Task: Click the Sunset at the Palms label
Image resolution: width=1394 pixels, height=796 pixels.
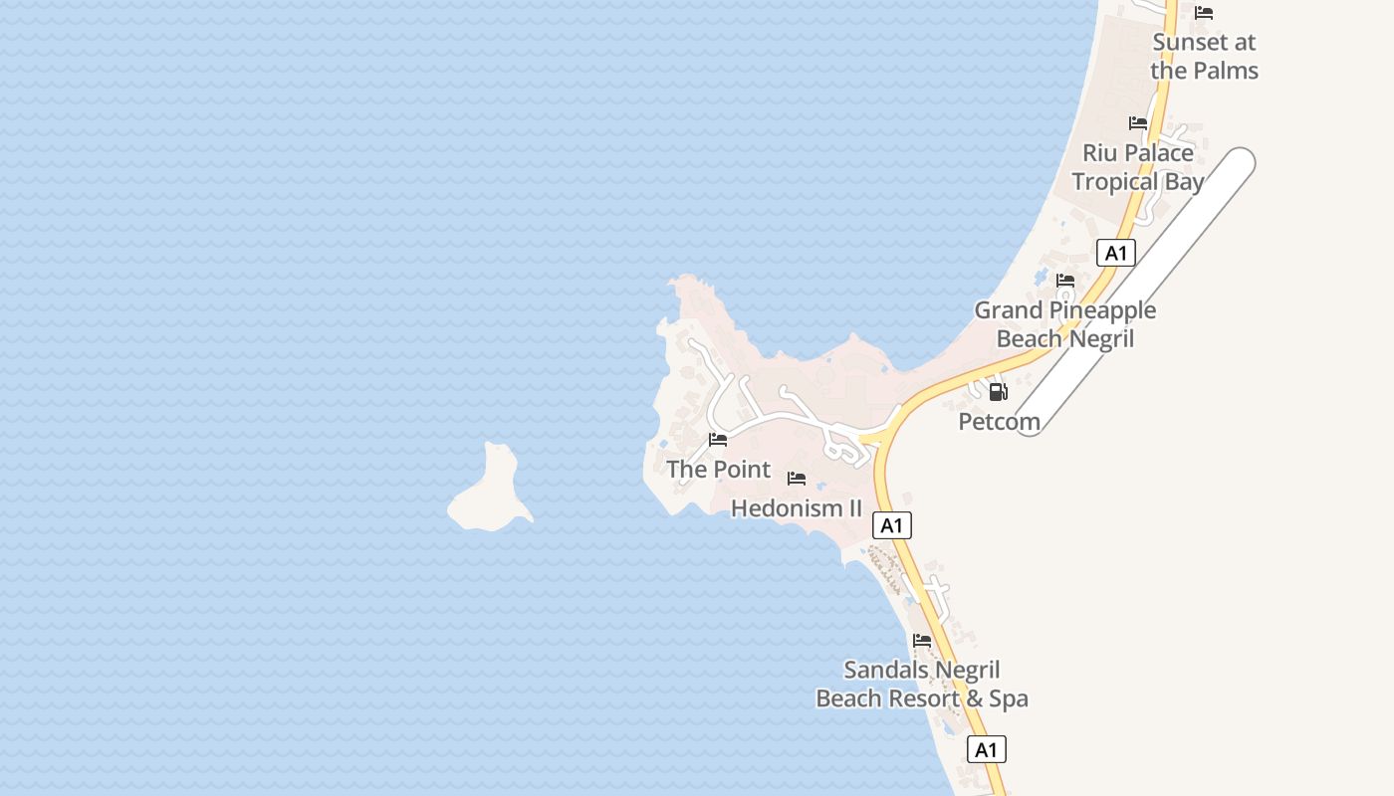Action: pyautogui.click(x=1204, y=57)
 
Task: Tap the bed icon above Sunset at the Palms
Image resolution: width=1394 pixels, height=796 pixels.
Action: pyautogui.click(x=1204, y=13)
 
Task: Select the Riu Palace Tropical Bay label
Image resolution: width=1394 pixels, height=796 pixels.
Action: pyautogui.click(x=1138, y=167)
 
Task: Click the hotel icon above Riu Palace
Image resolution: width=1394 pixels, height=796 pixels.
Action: pyautogui.click(x=1138, y=123)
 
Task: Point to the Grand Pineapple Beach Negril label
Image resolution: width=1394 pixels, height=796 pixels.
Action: pyautogui.click(x=1064, y=324)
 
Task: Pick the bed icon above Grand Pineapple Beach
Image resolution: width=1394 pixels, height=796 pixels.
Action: pyautogui.click(x=1065, y=281)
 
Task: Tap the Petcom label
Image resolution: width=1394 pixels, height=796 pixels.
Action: pyautogui.click(x=999, y=422)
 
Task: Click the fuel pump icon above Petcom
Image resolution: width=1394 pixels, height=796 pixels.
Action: pyautogui.click(x=998, y=391)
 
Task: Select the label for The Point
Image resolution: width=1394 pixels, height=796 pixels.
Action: pyautogui.click(x=718, y=469)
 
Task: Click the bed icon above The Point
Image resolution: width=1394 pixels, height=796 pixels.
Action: pyautogui.click(x=718, y=440)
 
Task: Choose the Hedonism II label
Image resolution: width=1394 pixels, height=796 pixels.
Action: pyautogui.click(x=796, y=508)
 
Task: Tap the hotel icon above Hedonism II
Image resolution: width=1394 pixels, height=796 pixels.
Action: pyautogui.click(x=797, y=479)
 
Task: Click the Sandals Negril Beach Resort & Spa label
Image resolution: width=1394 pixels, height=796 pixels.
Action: pyautogui.click(x=922, y=685)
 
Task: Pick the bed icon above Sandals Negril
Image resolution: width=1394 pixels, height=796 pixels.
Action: pyautogui.click(x=922, y=641)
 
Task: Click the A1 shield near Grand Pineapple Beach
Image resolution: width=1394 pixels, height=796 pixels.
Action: pyautogui.click(x=1116, y=253)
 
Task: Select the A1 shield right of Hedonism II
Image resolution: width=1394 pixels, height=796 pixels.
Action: pyautogui.click(x=892, y=524)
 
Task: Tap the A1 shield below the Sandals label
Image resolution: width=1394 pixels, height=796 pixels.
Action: pyautogui.click(x=986, y=749)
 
